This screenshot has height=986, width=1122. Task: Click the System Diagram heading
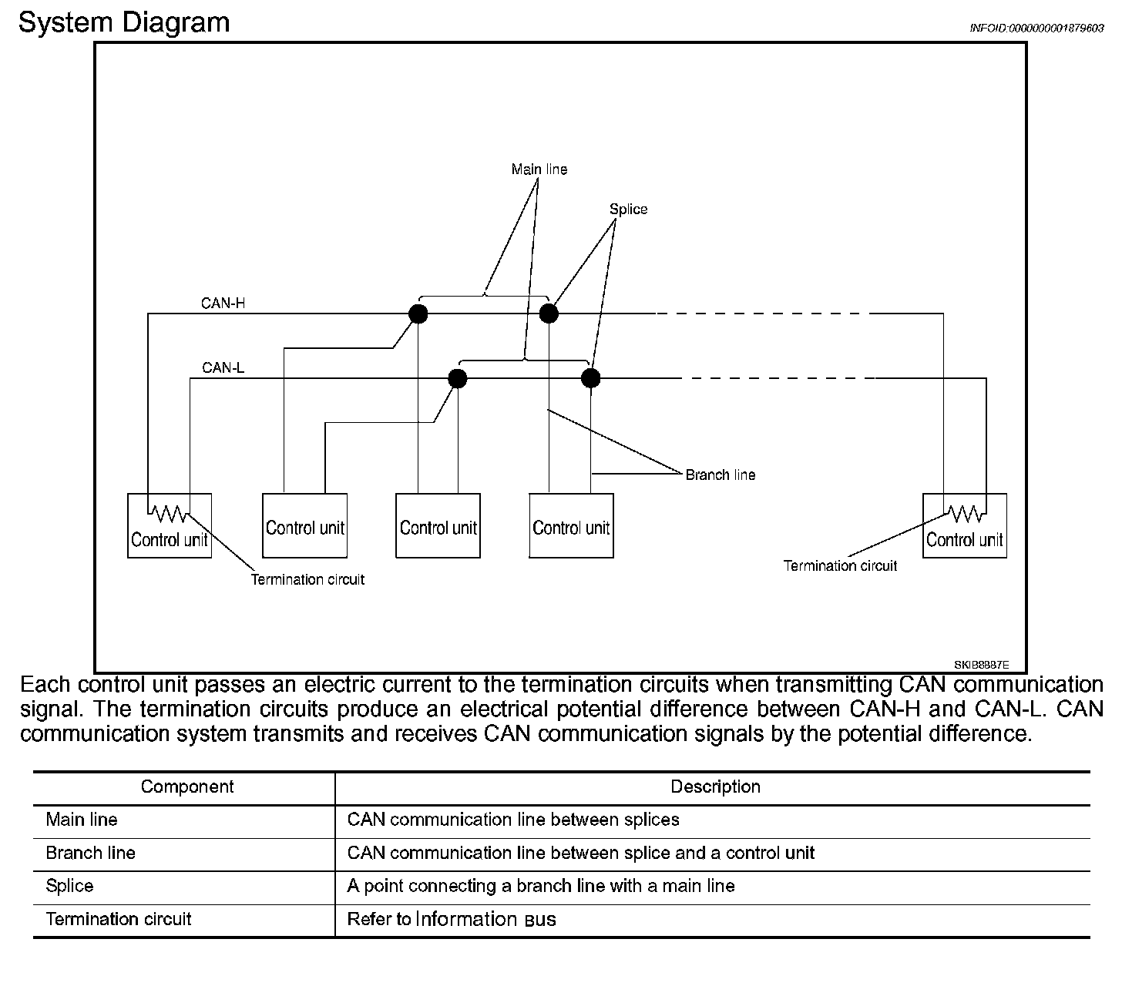[124, 22]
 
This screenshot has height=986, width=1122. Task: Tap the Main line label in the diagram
[539, 169]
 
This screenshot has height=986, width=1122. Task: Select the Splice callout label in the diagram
[628, 209]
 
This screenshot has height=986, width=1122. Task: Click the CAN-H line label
[223, 303]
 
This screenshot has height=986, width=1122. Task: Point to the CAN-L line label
[223, 367]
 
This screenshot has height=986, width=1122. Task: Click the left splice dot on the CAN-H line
[418, 314]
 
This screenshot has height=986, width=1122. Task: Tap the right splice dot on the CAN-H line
[548, 314]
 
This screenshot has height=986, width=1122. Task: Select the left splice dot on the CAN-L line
[458, 378]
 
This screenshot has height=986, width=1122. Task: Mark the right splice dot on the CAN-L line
[590, 378]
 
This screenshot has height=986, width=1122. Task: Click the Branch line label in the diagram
[720, 475]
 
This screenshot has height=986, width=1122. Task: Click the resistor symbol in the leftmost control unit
[168, 512]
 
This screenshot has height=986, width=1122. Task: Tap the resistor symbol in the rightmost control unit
[964, 512]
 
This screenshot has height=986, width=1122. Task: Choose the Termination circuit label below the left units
[307, 579]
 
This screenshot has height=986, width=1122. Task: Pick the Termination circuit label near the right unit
[840, 565]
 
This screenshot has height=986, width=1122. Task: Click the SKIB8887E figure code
[980, 664]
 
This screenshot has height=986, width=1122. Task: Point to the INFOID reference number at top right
[1036, 28]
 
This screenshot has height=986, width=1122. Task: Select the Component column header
[186, 786]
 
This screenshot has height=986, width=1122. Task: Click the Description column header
[715, 786]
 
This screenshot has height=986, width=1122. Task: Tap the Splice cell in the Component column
[69, 886]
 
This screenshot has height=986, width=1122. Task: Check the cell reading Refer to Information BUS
[452, 919]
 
